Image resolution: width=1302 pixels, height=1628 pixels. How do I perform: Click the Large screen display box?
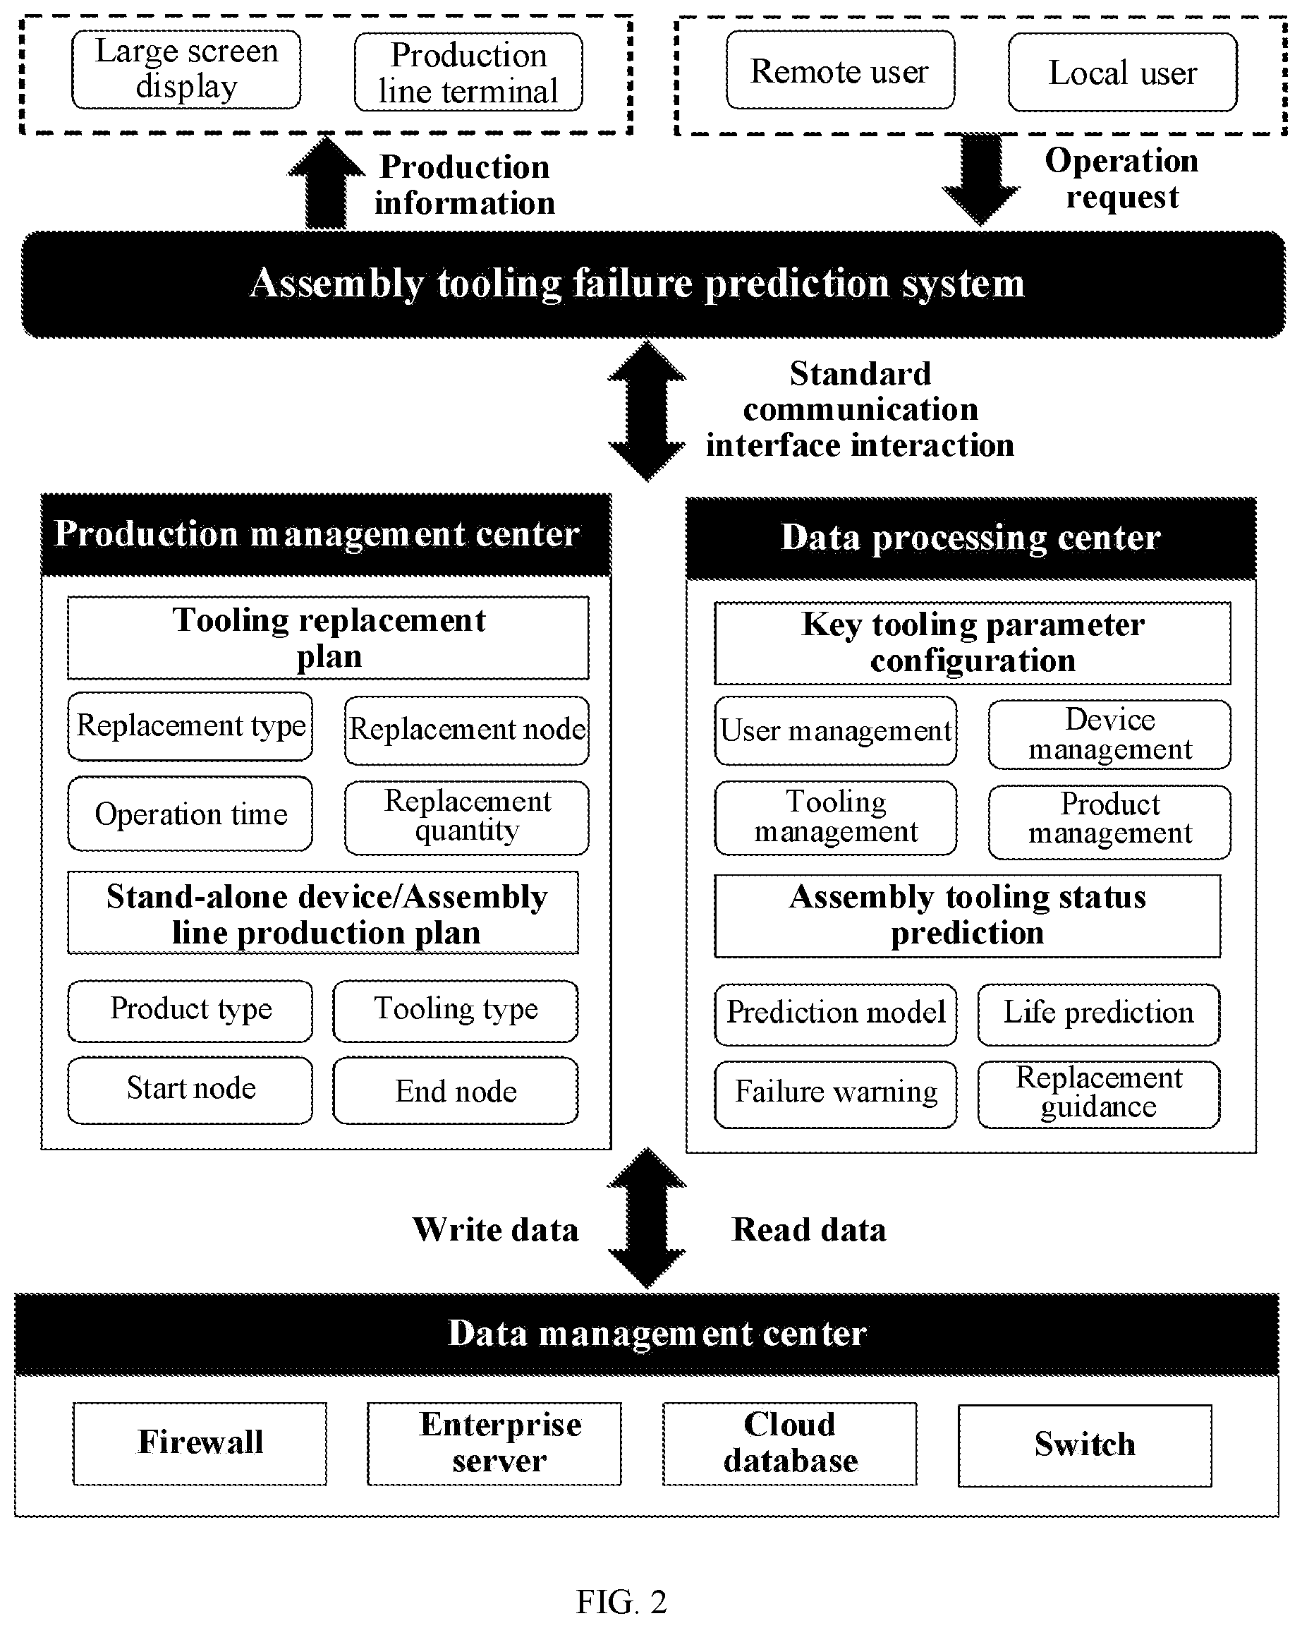(185, 69)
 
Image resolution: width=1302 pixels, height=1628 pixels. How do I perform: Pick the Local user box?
(1122, 73)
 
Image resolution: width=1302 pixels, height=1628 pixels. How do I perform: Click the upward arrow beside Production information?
(326, 182)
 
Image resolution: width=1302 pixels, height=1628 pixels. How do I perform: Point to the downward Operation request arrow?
(980, 180)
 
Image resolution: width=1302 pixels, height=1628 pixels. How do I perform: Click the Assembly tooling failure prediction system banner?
(653, 284)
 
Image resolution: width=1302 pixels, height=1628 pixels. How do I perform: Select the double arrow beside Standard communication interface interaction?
(647, 411)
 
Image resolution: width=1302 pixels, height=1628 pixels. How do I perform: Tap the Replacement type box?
(190, 726)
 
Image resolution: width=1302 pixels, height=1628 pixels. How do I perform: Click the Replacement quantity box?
(466, 818)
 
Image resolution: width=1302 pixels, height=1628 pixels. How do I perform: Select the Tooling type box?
(455, 1011)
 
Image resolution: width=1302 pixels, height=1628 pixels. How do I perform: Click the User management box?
(836, 731)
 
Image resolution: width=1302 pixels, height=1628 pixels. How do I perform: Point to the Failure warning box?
(836, 1094)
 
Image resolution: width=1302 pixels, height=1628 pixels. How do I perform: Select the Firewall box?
(200, 1444)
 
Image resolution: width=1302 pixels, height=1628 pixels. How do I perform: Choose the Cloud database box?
(789, 1444)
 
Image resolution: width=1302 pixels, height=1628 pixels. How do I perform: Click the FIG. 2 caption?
(621, 1602)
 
